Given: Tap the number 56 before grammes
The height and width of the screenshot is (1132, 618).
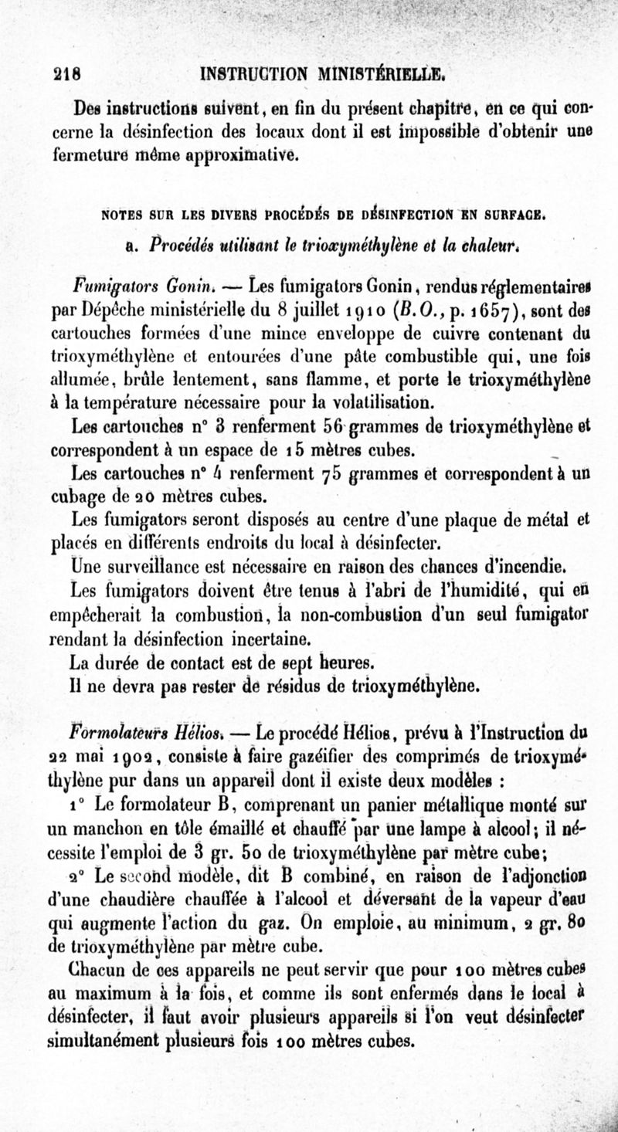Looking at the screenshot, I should [323, 425].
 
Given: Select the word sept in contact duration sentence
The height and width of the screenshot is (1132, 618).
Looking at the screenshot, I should [296, 662].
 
